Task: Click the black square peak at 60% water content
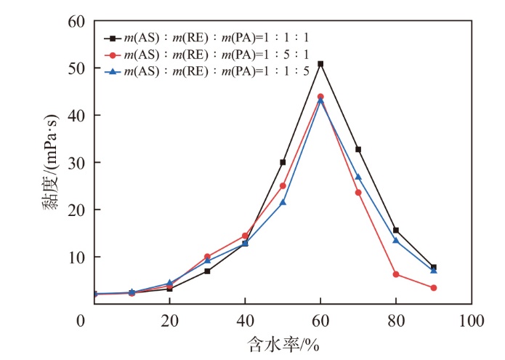(x=320, y=64)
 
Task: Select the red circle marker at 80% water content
(x=396, y=274)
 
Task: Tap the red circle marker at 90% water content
(x=434, y=288)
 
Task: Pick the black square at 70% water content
(x=358, y=149)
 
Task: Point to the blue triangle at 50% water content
(x=283, y=202)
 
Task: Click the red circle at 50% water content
(x=283, y=185)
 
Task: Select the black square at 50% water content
(x=283, y=162)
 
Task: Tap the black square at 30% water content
(x=207, y=271)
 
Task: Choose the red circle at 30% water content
(x=207, y=257)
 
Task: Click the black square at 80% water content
(x=396, y=231)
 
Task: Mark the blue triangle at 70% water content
(x=358, y=177)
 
